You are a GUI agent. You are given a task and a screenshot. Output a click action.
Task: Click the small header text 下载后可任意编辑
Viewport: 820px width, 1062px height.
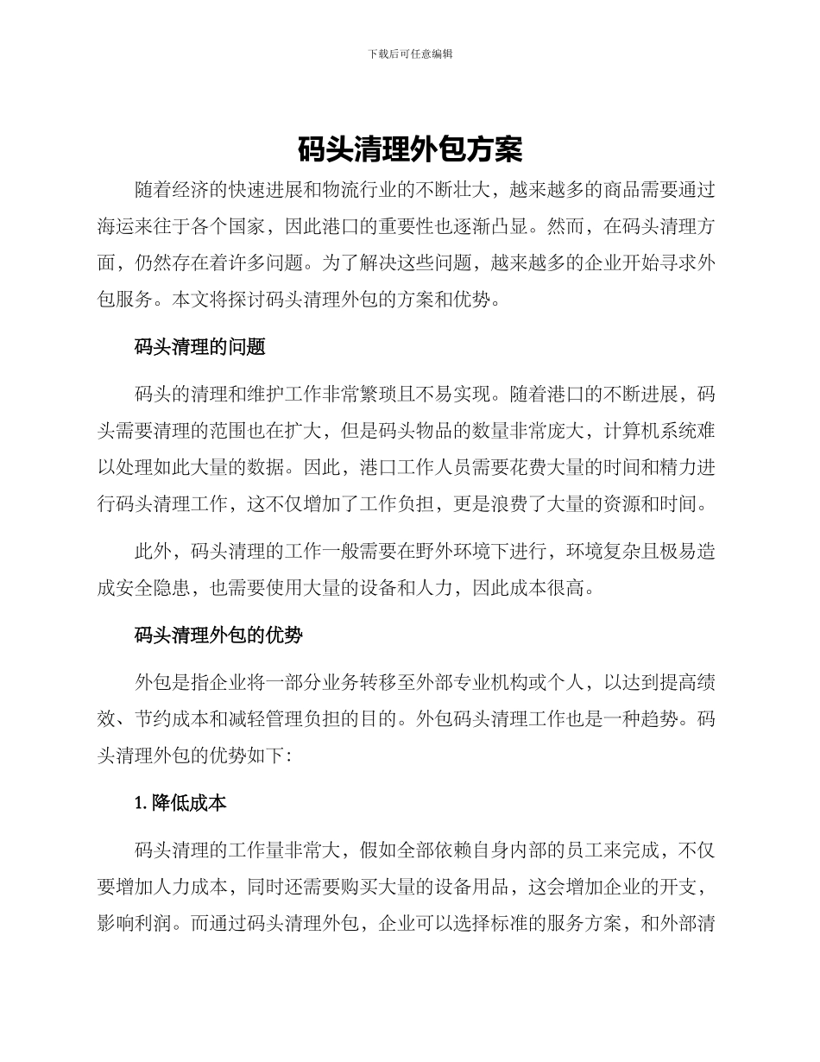point(410,54)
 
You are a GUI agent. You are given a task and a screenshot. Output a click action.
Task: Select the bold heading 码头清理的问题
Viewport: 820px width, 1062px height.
point(200,348)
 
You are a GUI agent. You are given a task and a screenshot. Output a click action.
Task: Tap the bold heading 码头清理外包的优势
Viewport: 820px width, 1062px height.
point(219,635)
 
